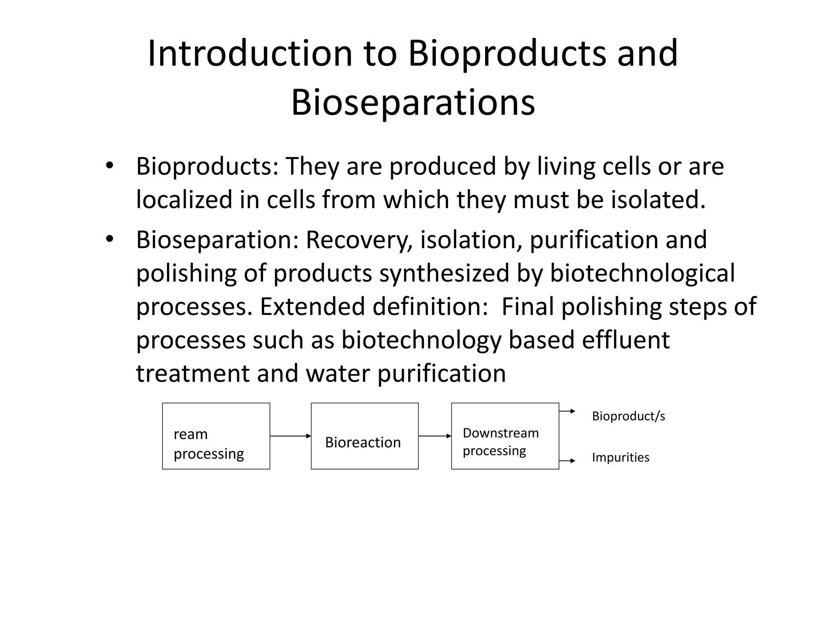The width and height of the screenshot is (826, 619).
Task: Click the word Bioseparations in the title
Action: (x=413, y=103)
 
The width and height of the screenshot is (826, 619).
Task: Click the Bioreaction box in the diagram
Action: (x=364, y=436)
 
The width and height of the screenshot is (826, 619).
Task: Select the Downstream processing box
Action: (x=505, y=436)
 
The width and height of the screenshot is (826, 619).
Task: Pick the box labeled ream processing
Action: (x=216, y=436)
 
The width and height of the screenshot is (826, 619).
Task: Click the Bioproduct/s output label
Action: (x=628, y=416)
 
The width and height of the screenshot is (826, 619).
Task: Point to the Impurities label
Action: (x=620, y=457)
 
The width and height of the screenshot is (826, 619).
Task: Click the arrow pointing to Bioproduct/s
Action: (x=567, y=411)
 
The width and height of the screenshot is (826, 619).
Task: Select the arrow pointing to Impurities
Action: (x=567, y=461)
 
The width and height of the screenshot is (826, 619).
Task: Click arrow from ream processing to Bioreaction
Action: (x=290, y=436)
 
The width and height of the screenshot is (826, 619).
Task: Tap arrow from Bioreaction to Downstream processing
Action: (x=435, y=436)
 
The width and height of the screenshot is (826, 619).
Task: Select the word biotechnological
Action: (x=642, y=274)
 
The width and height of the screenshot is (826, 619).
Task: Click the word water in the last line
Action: (x=338, y=374)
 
